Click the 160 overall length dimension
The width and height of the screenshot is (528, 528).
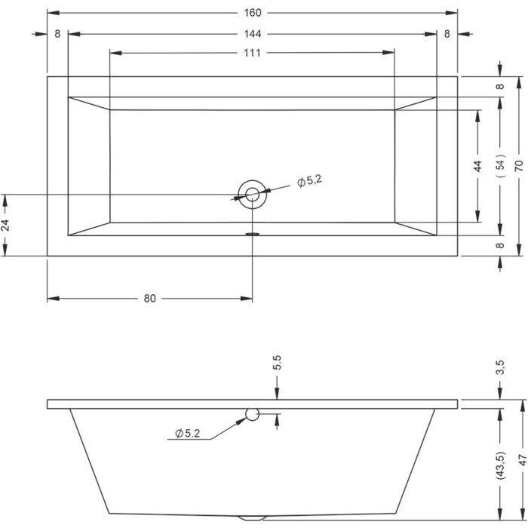[x=252, y=13]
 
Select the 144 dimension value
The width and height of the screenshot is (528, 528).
[x=252, y=34]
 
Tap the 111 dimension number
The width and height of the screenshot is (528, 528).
[x=252, y=53]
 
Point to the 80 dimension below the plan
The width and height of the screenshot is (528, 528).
[x=150, y=299]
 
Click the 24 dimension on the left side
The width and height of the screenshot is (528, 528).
[x=5, y=225]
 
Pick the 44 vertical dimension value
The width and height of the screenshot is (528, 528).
[x=477, y=166]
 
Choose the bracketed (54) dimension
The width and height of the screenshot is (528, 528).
[x=502, y=165]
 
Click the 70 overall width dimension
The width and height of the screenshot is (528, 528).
[x=519, y=165]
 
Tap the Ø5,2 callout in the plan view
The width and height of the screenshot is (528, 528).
[x=309, y=181]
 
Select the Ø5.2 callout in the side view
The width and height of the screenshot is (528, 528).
[x=188, y=434]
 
